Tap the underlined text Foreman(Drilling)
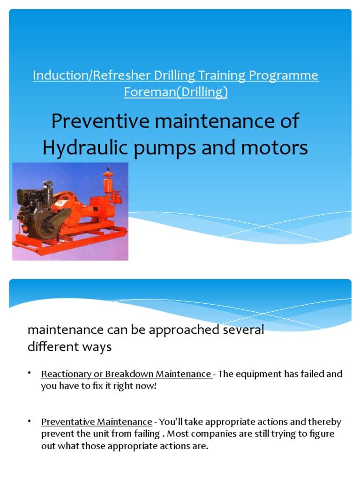176,92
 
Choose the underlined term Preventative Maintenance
97,422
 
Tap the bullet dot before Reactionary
29,373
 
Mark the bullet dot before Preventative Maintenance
29,421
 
